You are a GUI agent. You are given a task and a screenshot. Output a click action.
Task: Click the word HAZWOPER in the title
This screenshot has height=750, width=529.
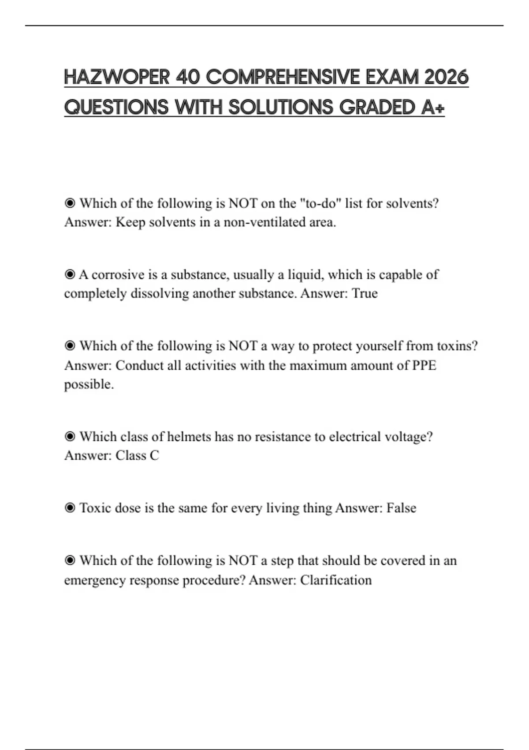click(117, 77)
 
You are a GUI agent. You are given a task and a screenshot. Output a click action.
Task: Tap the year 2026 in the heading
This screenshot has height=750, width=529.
click(446, 77)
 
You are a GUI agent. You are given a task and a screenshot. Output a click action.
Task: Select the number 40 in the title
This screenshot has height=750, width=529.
click(188, 77)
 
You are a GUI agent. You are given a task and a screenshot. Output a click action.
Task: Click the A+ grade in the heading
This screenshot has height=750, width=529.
click(432, 107)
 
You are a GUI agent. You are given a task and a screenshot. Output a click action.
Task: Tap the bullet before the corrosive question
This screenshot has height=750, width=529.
click(70, 275)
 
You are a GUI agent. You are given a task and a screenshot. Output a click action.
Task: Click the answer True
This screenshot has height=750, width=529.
click(365, 293)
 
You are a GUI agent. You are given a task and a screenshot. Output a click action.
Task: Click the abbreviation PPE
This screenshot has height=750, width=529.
click(424, 365)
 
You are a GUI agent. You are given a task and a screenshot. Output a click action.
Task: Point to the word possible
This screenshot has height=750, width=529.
click(89, 384)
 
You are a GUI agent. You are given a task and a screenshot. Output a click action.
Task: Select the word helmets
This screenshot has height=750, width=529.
click(189, 437)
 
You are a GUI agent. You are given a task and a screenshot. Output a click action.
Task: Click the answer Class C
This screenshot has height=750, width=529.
click(137, 455)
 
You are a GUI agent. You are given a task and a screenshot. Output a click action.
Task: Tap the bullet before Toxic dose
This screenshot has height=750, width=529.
click(70, 508)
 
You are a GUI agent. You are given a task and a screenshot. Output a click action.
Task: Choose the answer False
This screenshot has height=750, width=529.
click(401, 508)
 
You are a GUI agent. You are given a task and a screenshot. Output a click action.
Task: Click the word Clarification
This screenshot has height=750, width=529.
click(336, 580)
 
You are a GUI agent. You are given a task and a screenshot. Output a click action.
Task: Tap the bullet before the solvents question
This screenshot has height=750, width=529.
click(70, 203)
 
